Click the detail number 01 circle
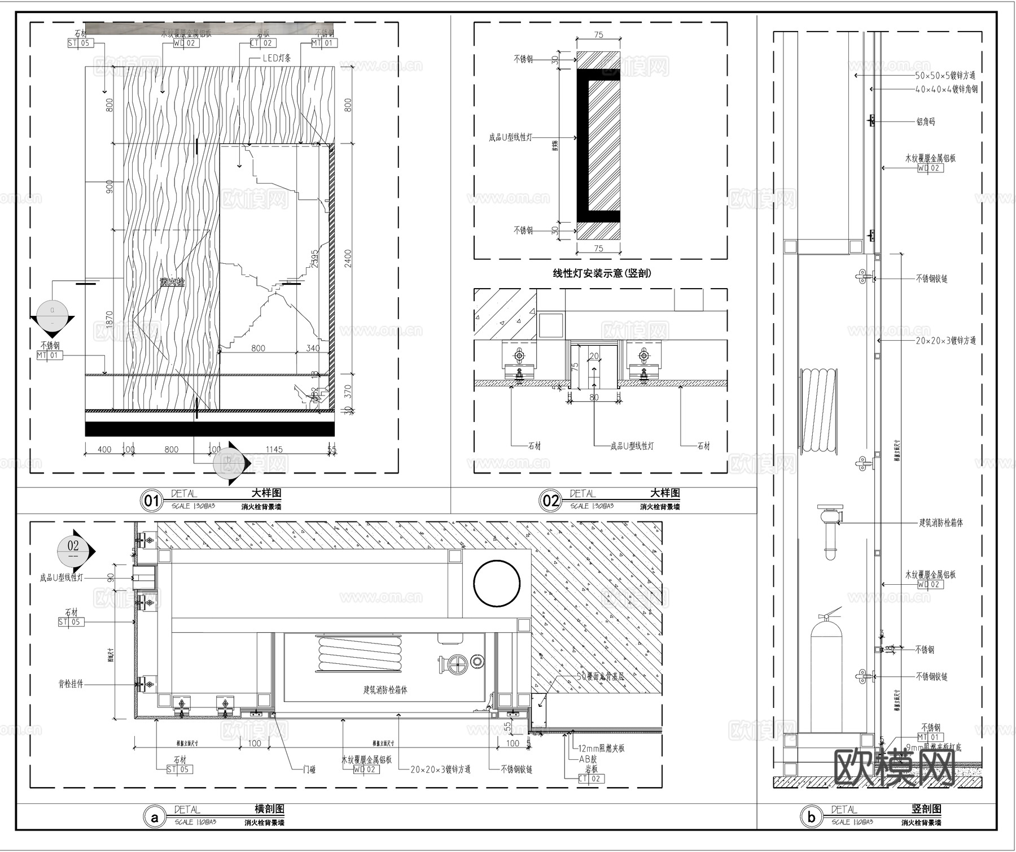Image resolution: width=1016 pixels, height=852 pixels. (x=151, y=501)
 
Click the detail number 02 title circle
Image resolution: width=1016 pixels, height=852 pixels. (x=550, y=501)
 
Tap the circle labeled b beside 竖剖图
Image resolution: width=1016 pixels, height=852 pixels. (x=811, y=817)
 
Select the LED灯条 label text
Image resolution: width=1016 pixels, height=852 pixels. (x=277, y=59)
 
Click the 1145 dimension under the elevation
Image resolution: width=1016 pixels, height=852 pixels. (x=274, y=450)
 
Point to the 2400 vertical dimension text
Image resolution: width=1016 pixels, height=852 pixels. (x=348, y=258)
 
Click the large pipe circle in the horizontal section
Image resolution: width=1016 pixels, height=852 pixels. (x=497, y=584)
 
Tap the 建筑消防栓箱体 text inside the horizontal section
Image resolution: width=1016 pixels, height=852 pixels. (x=385, y=690)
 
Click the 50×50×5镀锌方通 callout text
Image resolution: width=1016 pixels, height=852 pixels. (x=945, y=75)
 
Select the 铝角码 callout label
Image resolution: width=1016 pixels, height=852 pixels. (x=925, y=121)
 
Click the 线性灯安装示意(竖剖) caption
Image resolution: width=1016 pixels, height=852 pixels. (x=601, y=273)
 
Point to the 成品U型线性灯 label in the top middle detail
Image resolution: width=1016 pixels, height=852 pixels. (x=510, y=137)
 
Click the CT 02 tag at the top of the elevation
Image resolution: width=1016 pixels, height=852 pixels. (x=262, y=43)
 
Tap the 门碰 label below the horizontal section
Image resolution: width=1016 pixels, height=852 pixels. (x=309, y=770)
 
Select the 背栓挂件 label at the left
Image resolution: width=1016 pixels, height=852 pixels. (x=71, y=684)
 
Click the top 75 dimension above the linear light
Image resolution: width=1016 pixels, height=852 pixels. (x=598, y=35)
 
